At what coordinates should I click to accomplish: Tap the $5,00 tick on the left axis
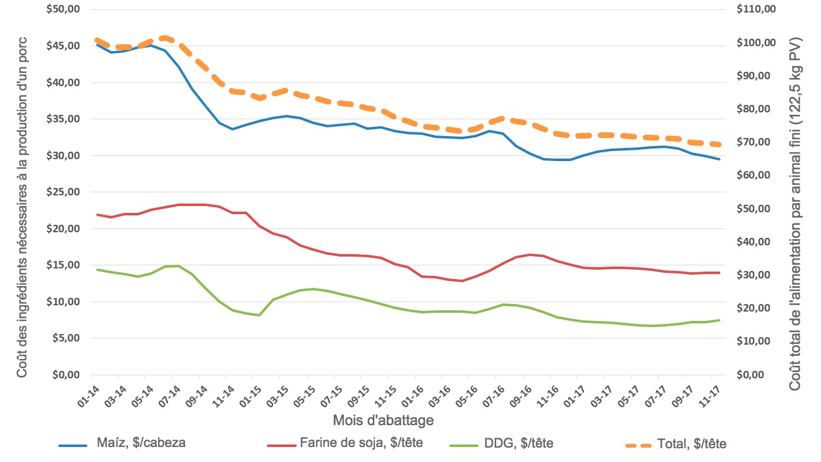tap(66, 338)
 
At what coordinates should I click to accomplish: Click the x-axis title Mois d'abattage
tap(382, 421)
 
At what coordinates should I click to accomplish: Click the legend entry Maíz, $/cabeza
tap(141, 444)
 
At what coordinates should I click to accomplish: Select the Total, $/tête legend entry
tap(692, 444)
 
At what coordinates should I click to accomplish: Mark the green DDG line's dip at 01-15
tap(259, 315)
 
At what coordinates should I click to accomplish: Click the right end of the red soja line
tap(720, 273)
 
